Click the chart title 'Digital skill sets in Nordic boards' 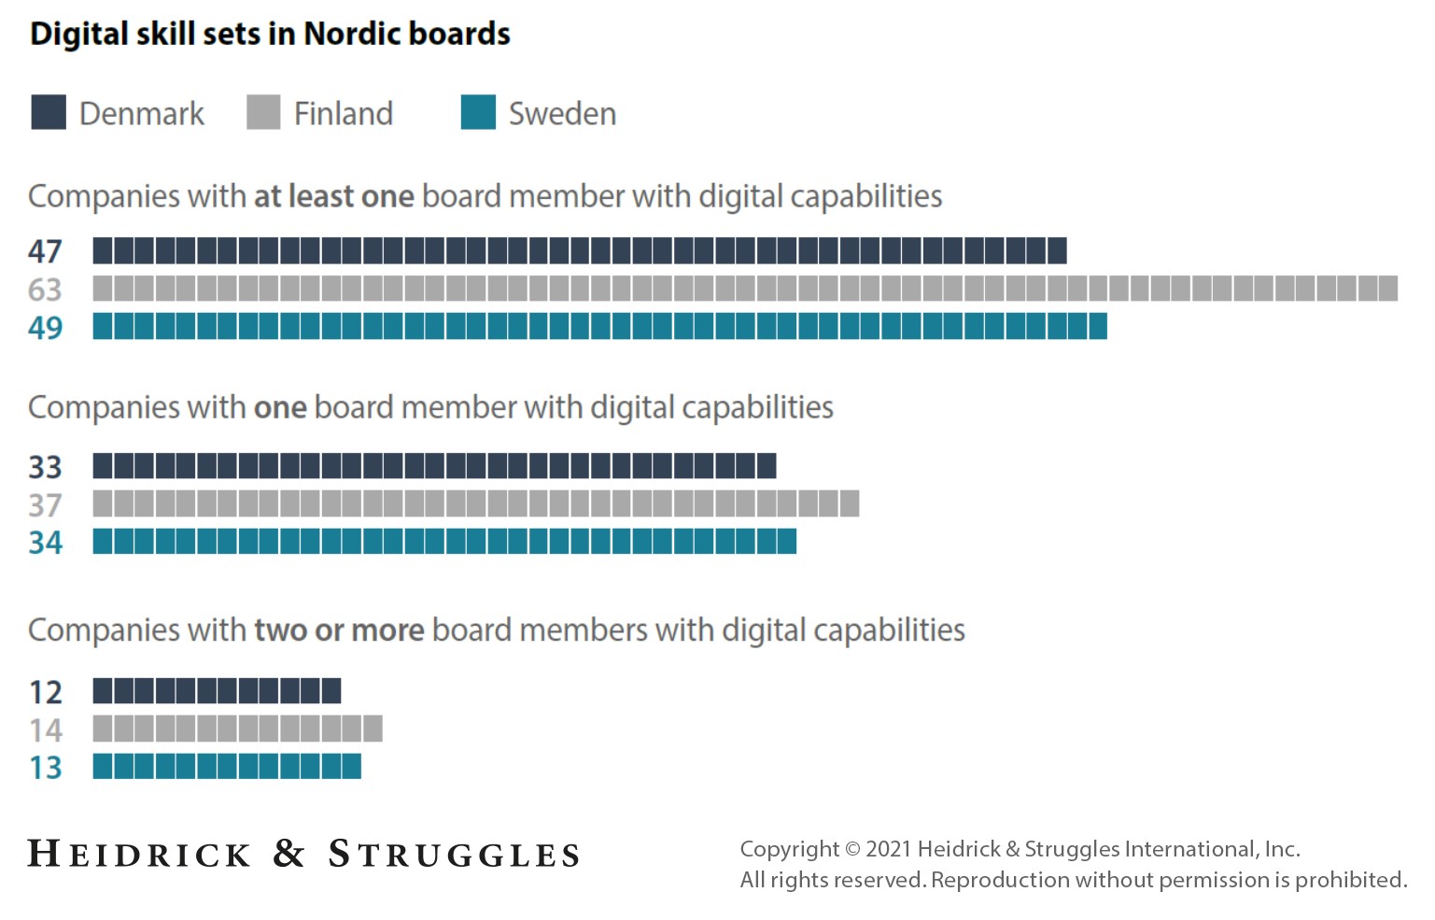pyautogui.click(x=270, y=34)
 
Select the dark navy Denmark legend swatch pyautogui.click(x=49, y=112)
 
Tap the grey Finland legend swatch pyautogui.click(x=263, y=112)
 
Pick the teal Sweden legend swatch pyautogui.click(x=478, y=112)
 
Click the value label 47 pyautogui.click(x=45, y=251)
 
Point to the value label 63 pyautogui.click(x=45, y=290)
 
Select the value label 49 pyautogui.click(x=45, y=328)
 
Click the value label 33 pyautogui.click(x=45, y=466)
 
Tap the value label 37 pyautogui.click(x=45, y=504)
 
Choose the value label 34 pyautogui.click(x=45, y=543)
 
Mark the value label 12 pyautogui.click(x=45, y=692)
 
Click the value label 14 pyautogui.click(x=45, y=729)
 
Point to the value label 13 pyautogui.click(x=45, y=768)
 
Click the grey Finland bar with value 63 pyautogui.click(x=745, y=289)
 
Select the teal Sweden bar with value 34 pyautogui.click(x=444, y=542)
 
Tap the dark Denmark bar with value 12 pyautogui.click(x=217, y=691)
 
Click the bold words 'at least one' pyautogui.click(x=333, y=197)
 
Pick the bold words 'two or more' pyautogui.click(x=339, y=630)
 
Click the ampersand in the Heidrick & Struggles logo pyautogui.click(x=289, y=853)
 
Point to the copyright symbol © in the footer pyautogui.click(x=851, y=849)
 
